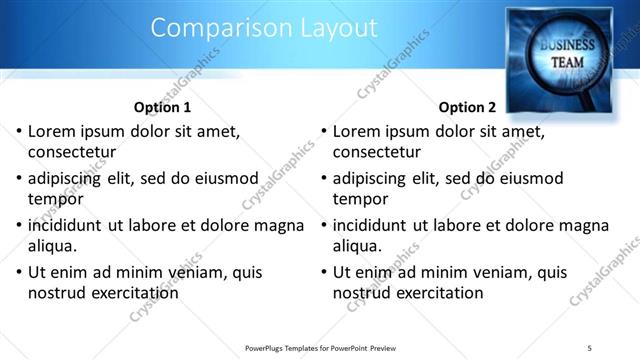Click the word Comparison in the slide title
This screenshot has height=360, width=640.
coord(206,29)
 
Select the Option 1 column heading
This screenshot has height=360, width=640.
coord(161,107)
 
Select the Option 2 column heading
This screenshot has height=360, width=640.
coord(466,107)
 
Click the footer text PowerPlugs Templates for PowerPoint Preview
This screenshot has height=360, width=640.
coord(319,346)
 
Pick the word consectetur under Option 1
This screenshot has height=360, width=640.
coord(72,153)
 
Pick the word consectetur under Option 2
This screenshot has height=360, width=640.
coord(377,153)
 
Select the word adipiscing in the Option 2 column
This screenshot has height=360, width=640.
coord(375,179)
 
